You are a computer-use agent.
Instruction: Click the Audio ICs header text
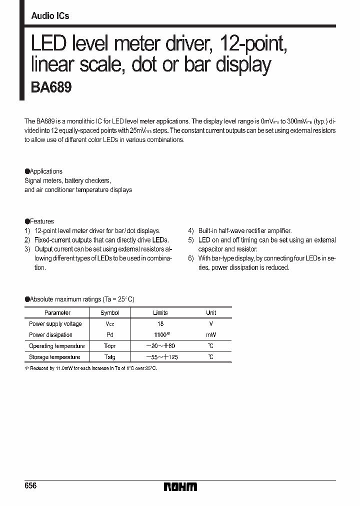[x=50, y=16]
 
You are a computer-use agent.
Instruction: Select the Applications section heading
[x=45, y=171]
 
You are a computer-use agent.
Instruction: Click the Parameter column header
[x=57, y=312]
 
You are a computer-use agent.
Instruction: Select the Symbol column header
[x=110, y=312]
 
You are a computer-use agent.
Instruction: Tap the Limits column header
[x=160, y=312]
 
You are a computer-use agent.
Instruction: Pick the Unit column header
[x=211, y=312]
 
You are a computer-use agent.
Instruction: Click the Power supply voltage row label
[x=56, y=324]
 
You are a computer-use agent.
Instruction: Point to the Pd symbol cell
[x=110, y=335]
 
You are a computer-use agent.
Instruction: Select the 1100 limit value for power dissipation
[x=159, y=335]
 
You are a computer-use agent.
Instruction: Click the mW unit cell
[x=211, y=335]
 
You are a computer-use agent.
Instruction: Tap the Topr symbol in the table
[x=110, y=346]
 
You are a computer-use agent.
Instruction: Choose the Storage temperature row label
[x=54, y=357]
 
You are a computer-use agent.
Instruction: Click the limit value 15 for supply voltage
[x=160, y=324]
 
